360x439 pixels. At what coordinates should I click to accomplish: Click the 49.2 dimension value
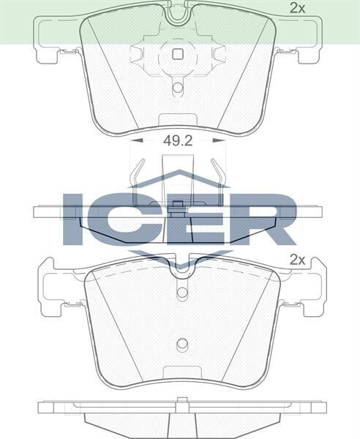[177, 140]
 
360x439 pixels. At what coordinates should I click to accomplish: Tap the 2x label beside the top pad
[297, 9]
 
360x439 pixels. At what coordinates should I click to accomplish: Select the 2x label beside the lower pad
[297, 259]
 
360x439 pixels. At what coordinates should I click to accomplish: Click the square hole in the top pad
[176, 53]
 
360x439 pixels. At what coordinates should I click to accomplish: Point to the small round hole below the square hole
[177, 88]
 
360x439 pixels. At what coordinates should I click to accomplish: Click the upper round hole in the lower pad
[182, 293]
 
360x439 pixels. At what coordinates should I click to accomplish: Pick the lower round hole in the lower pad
[183, 345]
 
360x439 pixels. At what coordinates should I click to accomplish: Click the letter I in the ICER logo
[74, 218]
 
